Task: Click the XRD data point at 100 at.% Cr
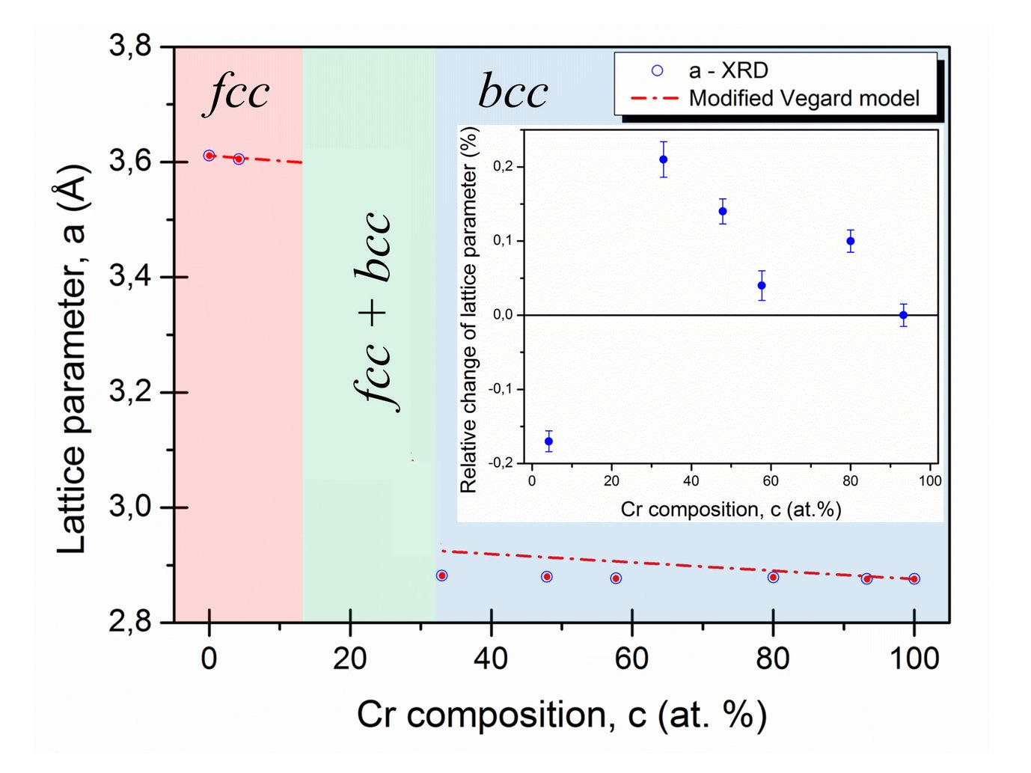(914, 578)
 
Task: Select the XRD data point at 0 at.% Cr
(209, 156)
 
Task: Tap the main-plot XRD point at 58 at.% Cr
(616, 578)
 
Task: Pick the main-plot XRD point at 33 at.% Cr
(441, 575)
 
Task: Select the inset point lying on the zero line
(904, 315)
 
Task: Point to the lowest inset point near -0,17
(548, 442)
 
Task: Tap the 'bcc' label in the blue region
(513, 92)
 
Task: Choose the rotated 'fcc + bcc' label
(373, 311)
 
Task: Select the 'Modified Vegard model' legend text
(804, 98)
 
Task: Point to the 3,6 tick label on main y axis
(130, 161)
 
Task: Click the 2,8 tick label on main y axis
(130, 621)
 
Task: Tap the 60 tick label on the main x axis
(631, 659)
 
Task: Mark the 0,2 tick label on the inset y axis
(503, 166)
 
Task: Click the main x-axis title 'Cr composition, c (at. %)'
(561, 715)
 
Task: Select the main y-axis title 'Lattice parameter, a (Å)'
(73, 359)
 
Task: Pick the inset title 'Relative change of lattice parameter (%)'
(469, 310)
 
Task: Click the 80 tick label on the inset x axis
(850, 481)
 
